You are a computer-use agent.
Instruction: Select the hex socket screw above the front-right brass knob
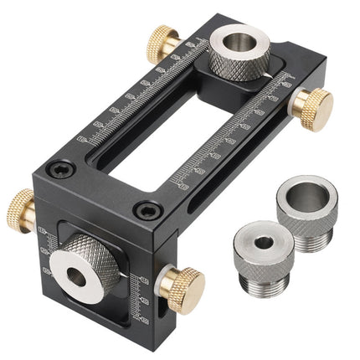(x=147, y=210)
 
